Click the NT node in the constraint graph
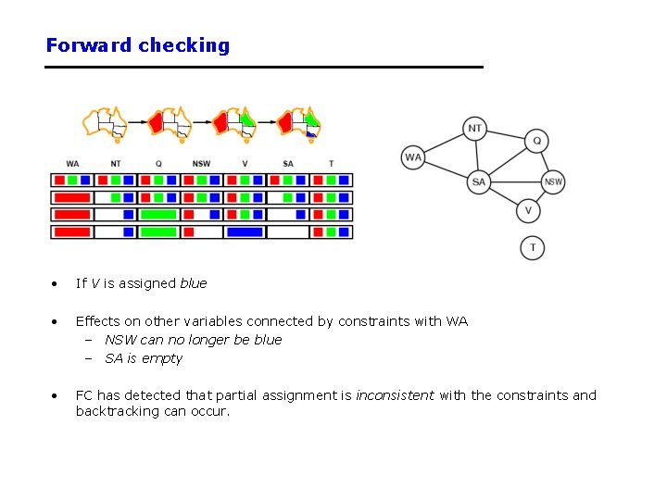click(x=474, y=129)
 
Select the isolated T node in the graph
click(x=533, y=248)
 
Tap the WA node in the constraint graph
click(x=413, y=157)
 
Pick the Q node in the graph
click(x=536, y=141)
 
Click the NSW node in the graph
click(x=553, y=182)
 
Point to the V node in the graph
click(x=528, y=210)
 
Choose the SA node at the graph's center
click(x=479, y=182)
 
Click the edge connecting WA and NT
click(x=444, y=144)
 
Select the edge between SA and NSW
click(x=516, y=182)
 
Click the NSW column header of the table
click(x=201, y=164)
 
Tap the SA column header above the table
click(x=288, y=164)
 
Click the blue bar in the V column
click(x=245, y=232)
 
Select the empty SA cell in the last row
click(x=288, y=232)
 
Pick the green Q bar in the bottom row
click(x=158, y=232)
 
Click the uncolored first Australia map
click(x=105, y=124)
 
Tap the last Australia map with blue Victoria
click(x=298, y=124)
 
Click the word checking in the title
click(x=183, y=45)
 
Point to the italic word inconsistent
click(x=396, y=395)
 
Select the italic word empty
click(x=162, y=359)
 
